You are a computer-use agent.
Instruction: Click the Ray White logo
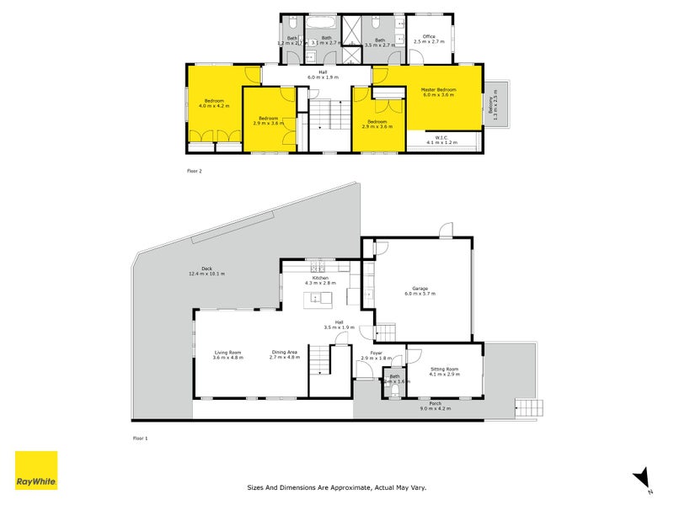36,470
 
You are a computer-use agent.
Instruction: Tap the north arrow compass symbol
642,477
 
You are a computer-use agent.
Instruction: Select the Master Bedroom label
438,90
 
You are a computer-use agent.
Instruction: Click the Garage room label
420,289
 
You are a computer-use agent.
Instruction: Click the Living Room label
227,353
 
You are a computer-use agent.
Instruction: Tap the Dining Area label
284,353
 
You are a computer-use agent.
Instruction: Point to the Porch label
435,404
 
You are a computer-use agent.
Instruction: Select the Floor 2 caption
195,171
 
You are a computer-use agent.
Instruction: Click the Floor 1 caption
141,438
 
